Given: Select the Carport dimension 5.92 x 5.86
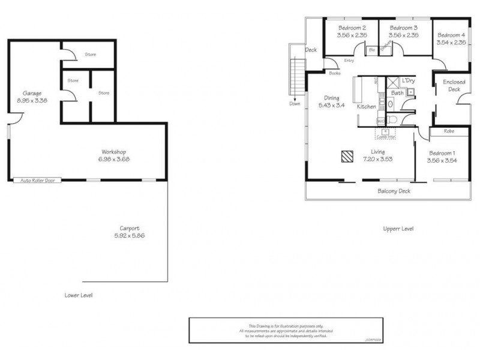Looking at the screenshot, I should tap(130, 236).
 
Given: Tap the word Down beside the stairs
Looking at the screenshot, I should tap(294, 103).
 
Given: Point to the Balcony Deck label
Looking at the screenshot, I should tap(394, 191).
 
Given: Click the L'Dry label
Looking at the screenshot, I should tap(409, 80).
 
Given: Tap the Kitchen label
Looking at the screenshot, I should tap(366, 106).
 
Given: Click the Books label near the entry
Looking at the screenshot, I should tap(335, 73).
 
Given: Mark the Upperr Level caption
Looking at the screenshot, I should tap(398, 229).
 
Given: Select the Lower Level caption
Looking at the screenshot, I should tap(79, 295).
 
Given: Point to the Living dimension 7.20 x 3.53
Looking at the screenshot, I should tap(377, 159).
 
